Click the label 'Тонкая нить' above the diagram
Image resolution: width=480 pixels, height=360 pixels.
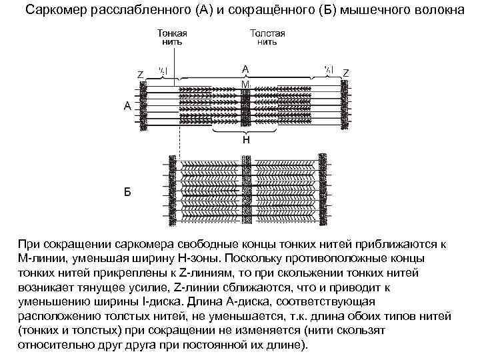point(171,35)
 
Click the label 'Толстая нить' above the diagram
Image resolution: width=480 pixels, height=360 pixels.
point(267,35)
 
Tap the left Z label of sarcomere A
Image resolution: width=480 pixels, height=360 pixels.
point(140,74)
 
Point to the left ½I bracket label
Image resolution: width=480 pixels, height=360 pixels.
point(162,69)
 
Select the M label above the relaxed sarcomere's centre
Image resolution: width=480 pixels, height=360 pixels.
point(245,84)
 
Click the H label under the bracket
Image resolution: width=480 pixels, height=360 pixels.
point(245,140)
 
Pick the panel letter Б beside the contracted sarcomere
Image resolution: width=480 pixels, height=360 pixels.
point(127,191)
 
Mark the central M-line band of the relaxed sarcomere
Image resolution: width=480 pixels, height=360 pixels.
point(245,107)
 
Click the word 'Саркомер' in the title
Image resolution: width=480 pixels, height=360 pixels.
point(56,10)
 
